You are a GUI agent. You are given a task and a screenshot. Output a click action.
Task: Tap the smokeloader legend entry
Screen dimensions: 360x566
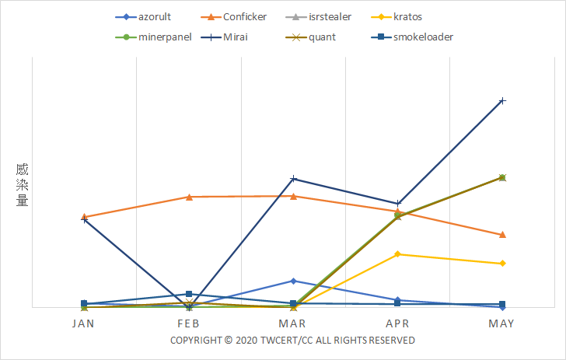click(x=423, y=37)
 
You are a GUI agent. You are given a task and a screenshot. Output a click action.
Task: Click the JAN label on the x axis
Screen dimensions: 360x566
click(x=83, y=323)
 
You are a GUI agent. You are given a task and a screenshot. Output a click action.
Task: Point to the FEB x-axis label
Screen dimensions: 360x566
click(x=189, y=323)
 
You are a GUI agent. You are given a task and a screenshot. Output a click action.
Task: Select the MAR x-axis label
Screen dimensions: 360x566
click(x=293, y=323)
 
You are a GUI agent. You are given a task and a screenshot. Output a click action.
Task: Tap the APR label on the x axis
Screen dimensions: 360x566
click(x=397, y=323)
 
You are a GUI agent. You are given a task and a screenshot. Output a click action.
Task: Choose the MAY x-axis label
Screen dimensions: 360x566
click(x=502, y=323)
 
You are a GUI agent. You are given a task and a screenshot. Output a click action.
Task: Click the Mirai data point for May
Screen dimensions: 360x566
click(x=502, y=100)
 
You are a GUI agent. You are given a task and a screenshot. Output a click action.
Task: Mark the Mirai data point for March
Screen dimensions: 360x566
click(x=293, y=179)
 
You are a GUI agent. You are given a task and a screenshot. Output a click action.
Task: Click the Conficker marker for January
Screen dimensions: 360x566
click(x=84, y=217)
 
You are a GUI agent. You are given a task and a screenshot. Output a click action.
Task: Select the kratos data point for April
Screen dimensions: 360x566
click(x=397, y=253)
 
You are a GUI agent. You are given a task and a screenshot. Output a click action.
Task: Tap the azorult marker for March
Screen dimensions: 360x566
click(x=293, y=281)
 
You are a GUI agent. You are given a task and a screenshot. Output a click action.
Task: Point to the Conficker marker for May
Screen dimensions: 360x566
click(x=502, y=234)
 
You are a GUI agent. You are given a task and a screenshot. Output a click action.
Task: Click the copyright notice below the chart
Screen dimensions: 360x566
click(x=292, y=341)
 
